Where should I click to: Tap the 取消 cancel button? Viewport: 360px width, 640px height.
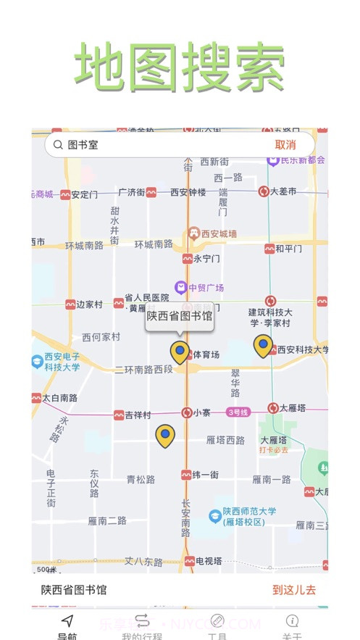pyautogui.click(x=285, y=145)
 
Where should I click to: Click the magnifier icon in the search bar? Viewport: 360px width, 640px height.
pyautogui.click(x=58, y=145)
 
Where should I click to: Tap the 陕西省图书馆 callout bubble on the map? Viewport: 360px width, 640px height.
pyautogui.click(x=180, y=316)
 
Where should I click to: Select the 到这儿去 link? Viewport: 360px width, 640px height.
pyautogui.click(x=294, y=590)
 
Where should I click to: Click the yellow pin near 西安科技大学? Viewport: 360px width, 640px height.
pyautogui.click(x=264, y=346)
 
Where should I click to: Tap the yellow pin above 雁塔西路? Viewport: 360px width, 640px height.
pyautogui.click(x=166, y=435)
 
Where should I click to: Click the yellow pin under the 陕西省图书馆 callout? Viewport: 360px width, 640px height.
pyautogui.click(x=180, y=352)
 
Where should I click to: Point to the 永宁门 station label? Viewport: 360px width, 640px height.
pyautogui.click(x=206, y=259)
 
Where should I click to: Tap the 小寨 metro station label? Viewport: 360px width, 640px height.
pyautogui.click(x=201, y=413)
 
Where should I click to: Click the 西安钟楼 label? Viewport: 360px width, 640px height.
pyautogui.click(x=188, y=193)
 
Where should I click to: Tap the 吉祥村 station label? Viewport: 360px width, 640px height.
pyautogui.click(x=138, y=415)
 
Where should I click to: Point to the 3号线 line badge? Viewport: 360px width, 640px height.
pyautogui.click(x=239, y=412)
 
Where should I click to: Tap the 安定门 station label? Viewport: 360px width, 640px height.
pyautogui.click(x=84, y=194)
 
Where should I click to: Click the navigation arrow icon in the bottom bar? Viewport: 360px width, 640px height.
pyautogui.click(x=67, y=620)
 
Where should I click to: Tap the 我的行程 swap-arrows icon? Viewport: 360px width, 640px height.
pyautogui.click(x=142, y=620)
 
